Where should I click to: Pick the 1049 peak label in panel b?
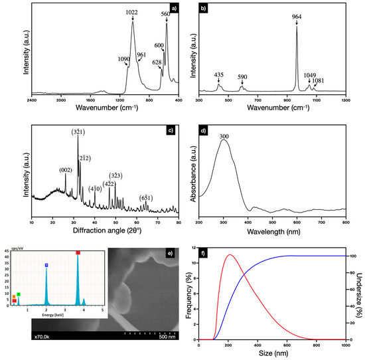(x=309, y=75)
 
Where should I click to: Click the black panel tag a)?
(x=174, y=9)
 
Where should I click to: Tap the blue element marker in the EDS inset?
(x=46, y=265)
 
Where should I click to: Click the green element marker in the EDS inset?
(x=19, y=294)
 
